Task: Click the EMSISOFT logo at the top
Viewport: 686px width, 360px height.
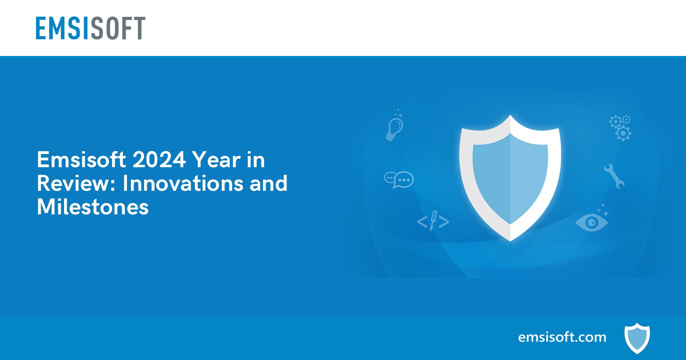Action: coord(90,28)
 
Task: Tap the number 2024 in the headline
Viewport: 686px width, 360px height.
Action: coord(159,160)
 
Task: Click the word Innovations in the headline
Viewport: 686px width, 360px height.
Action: coord(183,183)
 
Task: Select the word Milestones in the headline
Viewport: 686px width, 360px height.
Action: coord(92,207)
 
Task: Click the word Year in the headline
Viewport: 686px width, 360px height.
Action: coord(216,160)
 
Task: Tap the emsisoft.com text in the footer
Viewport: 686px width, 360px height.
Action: coord(562,337)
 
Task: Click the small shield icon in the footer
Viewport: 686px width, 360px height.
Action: coord(637,338)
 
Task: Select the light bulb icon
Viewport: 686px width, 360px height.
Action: coord(395,127)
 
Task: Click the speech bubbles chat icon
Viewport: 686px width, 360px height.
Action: coord(399,179)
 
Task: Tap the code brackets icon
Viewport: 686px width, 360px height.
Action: coord(433,221)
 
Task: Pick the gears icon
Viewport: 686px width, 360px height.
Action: coord(620,128)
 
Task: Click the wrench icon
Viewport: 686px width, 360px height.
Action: coord(614,176)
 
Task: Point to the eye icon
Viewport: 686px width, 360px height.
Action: coord(591,222)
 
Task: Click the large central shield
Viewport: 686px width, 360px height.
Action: coord(510,176)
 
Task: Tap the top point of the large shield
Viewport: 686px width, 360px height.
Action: coord(510,116)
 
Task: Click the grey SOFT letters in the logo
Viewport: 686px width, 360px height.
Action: coord(118,28)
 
